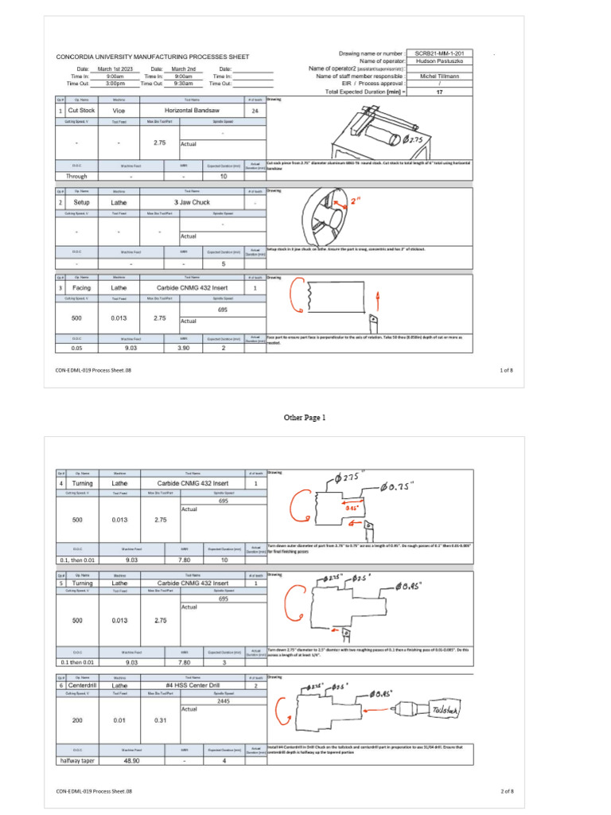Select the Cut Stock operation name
coord(81,111)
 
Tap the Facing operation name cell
coord(81,287)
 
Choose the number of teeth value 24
coord(255,111)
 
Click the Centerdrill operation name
coord(82,684)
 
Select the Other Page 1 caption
coord(305,417)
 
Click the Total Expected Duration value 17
coord(439,92)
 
